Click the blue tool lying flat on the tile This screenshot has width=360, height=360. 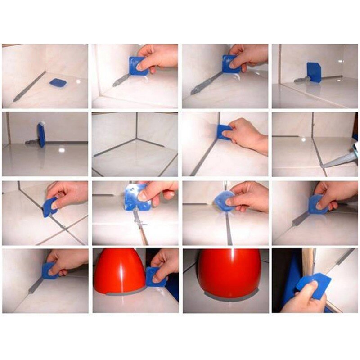click(58, 83)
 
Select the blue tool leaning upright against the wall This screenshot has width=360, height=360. click(314, 72)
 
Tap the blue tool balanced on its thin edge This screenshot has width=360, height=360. click(41, 135)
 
